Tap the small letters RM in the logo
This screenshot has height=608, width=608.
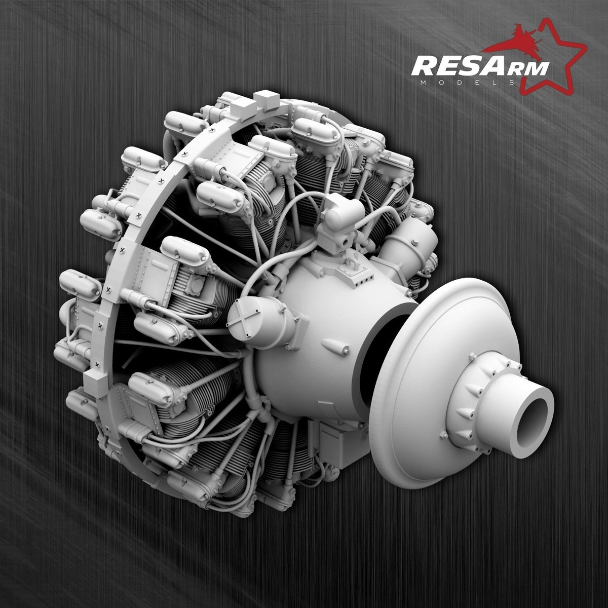coord(528,69)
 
